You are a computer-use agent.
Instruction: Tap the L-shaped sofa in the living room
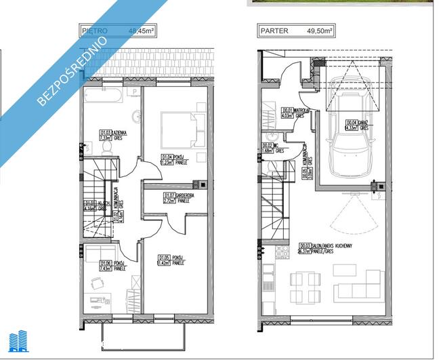click(x=366, y=285)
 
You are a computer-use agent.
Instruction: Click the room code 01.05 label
click(x=163, y=258)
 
